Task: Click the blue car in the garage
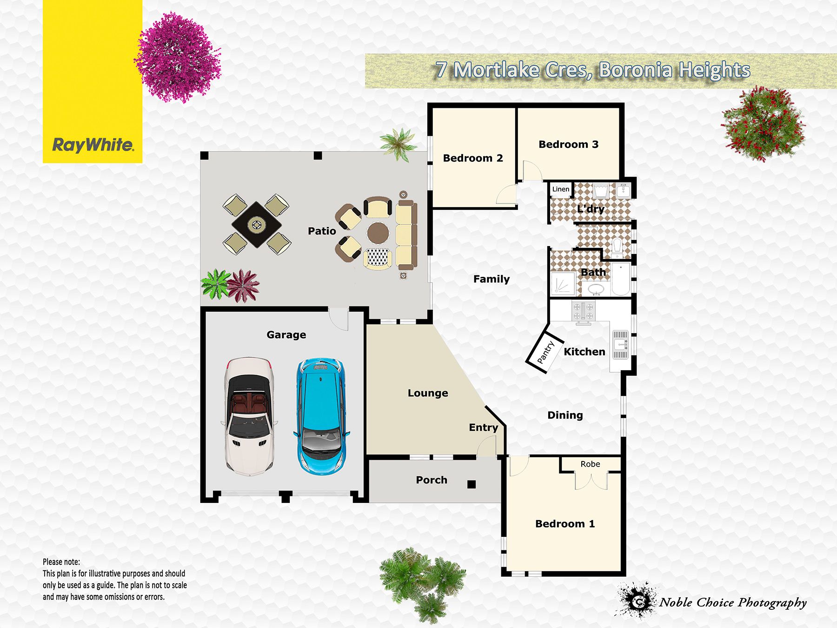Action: point(320,415)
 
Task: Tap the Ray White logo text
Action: point(93,145)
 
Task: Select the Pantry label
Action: point(545,353)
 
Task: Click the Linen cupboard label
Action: point(560,189)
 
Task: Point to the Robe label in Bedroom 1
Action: point(590,464)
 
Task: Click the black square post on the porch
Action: point(472,484)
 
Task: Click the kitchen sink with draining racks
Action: point(620,345)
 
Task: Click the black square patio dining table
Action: point(256,225)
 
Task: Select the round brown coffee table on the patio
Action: point(378,233)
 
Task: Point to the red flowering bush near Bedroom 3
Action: point(763,124)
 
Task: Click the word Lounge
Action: point(428,393)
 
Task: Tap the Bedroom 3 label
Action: point(568,144)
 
